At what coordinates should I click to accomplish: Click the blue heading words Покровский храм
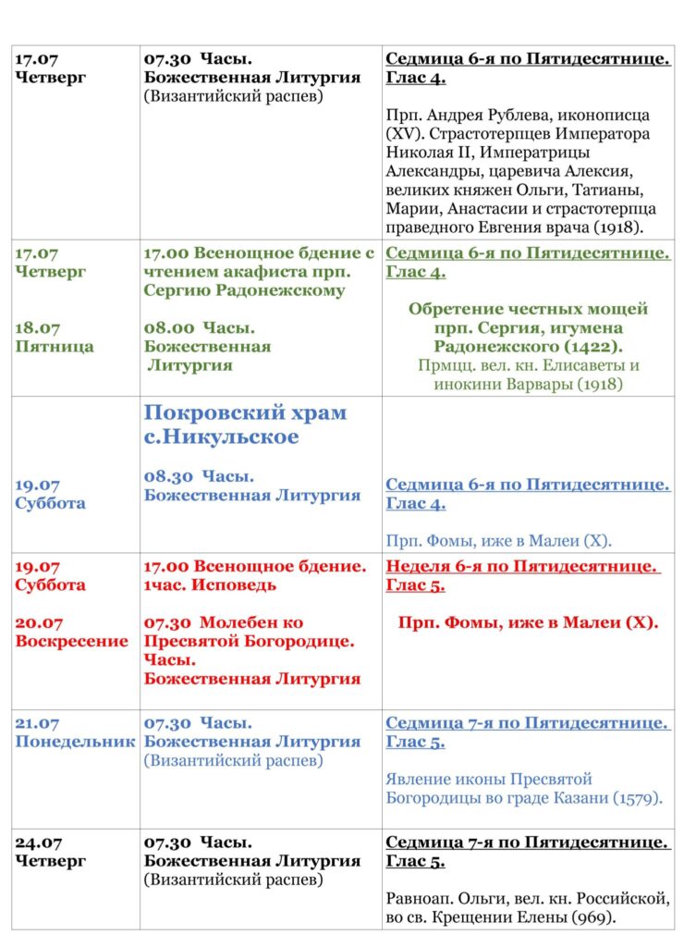pos(245,412)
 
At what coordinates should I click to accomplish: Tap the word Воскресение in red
pos(72,642)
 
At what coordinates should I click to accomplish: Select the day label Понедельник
pos(75,742)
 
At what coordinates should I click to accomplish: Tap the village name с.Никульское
pos(221,437)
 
